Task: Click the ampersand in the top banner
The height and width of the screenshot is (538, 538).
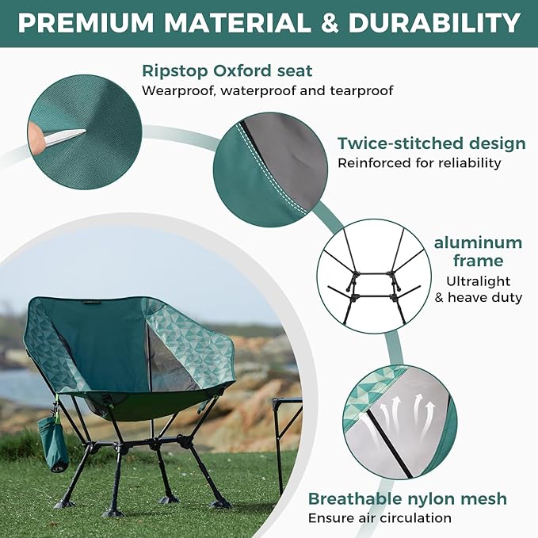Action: point(332,22)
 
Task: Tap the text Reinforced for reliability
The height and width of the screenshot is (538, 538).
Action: point(419,163)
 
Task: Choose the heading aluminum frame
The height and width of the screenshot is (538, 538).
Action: point(478,251)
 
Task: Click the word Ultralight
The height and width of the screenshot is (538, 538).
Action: point(478,281)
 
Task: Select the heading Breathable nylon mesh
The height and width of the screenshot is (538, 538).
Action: point(407,499)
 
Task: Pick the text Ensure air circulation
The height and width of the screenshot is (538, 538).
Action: point(380,518)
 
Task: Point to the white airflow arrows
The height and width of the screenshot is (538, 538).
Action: point(409,413)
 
